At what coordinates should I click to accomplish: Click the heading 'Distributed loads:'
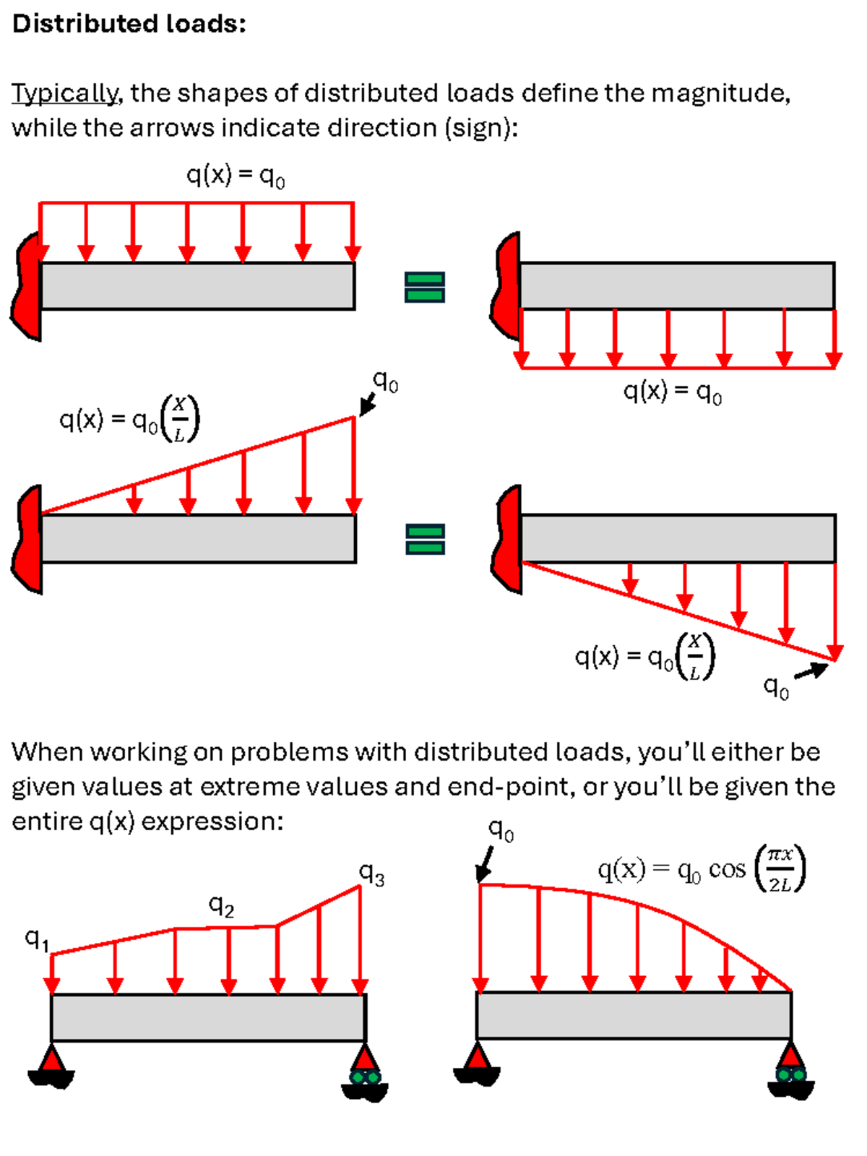[x=129, y=24]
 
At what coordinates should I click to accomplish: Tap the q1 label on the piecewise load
[x=37, y=939]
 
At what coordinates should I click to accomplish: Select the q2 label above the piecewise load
[x=221, y=905]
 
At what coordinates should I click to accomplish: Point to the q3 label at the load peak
[x=372, y=874]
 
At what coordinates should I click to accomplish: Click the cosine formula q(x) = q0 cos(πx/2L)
[x=701, y=868]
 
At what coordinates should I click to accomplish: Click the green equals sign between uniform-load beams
[x=425, y=287]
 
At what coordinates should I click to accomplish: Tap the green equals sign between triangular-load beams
[x=425, y=539]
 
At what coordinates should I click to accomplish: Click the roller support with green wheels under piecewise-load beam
[x=365, y=1074]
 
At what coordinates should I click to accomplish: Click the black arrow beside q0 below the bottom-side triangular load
[x=811, y=671]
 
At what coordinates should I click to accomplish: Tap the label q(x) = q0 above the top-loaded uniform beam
[x=236, y=176]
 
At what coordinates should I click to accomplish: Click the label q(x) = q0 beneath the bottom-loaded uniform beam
[x=673, y=392]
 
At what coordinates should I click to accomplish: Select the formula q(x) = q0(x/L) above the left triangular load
[x=129, y=419]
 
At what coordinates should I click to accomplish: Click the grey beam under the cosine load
[x=634, y=1015]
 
